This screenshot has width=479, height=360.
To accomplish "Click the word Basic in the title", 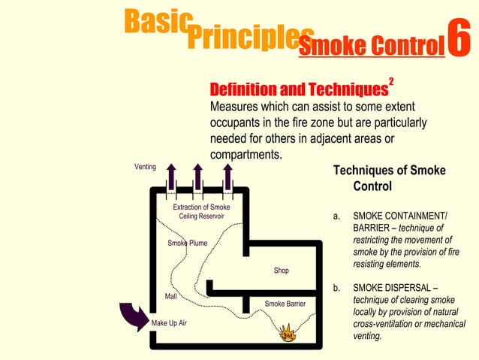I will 155,22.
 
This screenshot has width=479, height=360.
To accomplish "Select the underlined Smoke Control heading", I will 368,47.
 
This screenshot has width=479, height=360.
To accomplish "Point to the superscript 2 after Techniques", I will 391,80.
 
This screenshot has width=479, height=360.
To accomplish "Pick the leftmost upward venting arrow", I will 170,176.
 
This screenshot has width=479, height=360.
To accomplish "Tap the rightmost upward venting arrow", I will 227,176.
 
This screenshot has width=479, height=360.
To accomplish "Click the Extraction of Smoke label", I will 201,207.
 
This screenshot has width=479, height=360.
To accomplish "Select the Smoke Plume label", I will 187,243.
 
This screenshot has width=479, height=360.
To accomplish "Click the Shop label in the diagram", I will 281,271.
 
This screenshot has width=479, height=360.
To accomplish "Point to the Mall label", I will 170,296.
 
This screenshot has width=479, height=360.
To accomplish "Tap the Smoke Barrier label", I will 285,304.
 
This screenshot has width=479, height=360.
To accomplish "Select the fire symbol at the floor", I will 287,331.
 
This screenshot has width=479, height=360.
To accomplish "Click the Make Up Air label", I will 169,323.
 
